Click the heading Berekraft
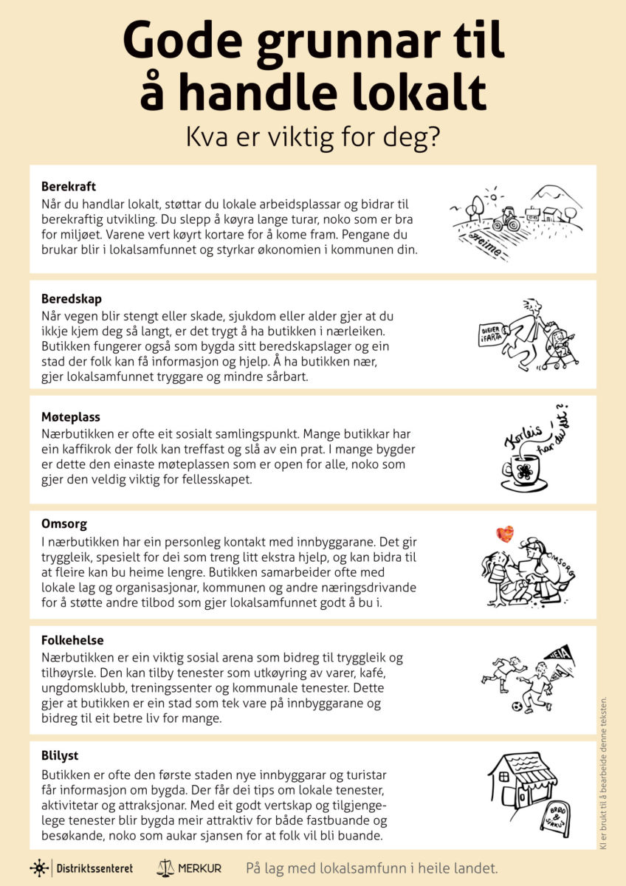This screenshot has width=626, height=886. pos(69,186)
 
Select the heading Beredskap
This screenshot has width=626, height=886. pos(72,299)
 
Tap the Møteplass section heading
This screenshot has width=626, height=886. pos(71,417)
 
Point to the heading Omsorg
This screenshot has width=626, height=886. pos(64,524)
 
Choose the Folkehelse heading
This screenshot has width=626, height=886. pos(72,640)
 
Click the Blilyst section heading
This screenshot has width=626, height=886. pos(60,756)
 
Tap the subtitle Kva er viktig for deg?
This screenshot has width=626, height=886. pos(313,137)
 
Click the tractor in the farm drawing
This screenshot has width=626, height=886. pos(506,219)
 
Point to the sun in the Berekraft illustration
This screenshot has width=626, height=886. pos(490,194)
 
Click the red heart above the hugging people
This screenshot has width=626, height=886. pos(504,533)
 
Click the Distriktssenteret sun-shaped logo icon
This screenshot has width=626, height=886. pos(40,868)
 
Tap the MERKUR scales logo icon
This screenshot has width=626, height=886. pos(165,868)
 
